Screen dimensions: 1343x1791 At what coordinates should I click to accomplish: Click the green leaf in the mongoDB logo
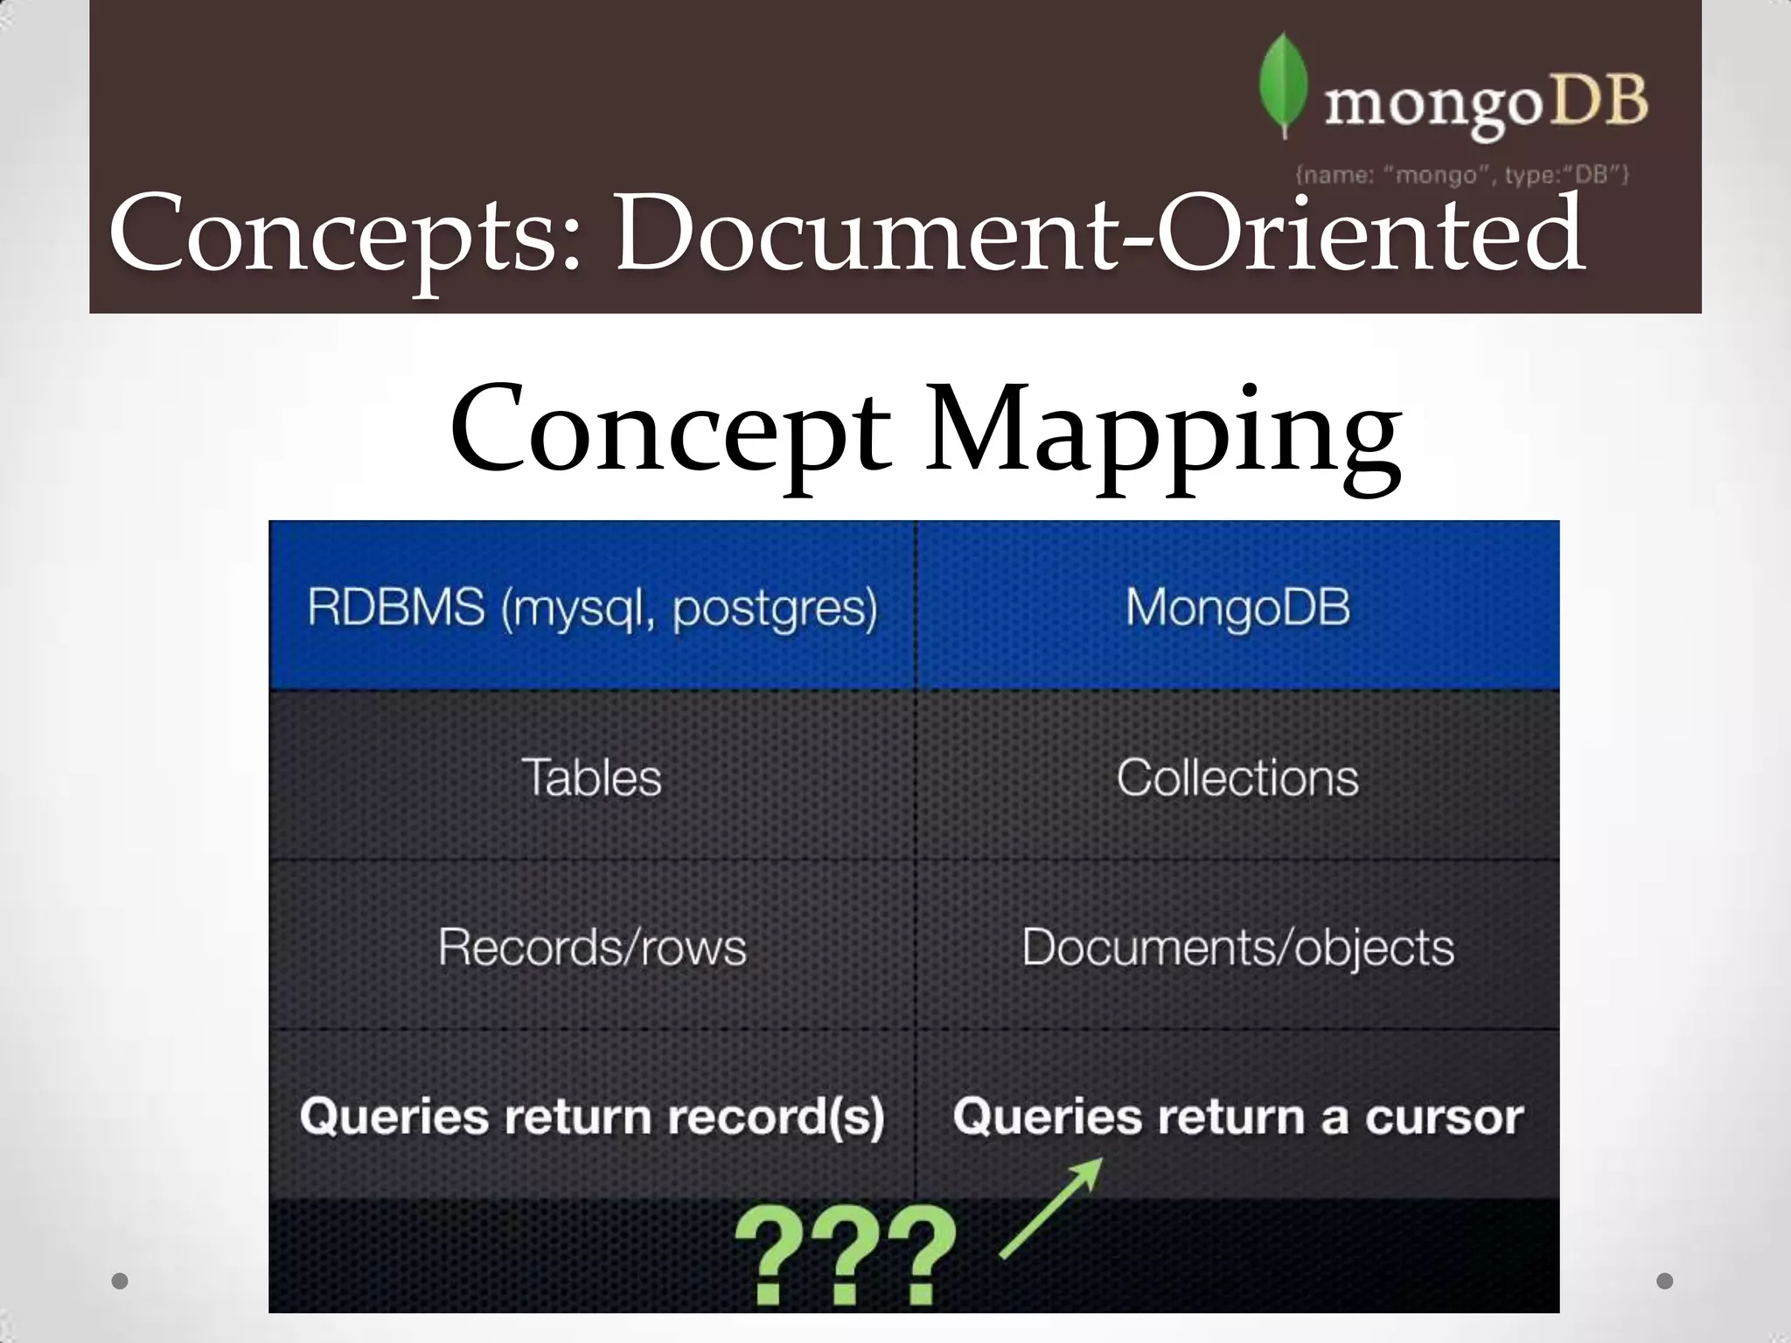(x=1283, y=85)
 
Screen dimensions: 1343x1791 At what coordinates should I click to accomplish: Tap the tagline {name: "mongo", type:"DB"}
(x=1461, y=175)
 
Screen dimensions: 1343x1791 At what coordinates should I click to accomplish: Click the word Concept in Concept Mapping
(x=670, y=430)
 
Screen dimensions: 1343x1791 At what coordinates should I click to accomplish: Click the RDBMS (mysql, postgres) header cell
(x=592, y=607)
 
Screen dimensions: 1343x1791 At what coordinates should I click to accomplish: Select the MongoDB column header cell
(x=1237, y=607)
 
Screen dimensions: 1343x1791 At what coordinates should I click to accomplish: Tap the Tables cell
(x=592, y=777)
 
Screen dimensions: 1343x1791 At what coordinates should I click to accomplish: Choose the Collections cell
(x=1237, y=777)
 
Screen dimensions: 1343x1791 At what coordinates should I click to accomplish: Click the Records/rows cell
(x=592, y=947)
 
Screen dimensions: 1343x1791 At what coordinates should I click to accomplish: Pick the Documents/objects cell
(x=1237, y=947)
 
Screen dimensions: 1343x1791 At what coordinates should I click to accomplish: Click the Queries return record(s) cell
(x=592, y=1117)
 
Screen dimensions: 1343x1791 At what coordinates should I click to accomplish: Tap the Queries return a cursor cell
(x=1237, y=1117)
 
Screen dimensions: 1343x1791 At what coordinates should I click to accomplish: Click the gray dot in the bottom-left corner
(x=121, y=1281)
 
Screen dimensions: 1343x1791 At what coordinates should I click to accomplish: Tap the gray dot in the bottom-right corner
(x=1665, y=1281)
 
